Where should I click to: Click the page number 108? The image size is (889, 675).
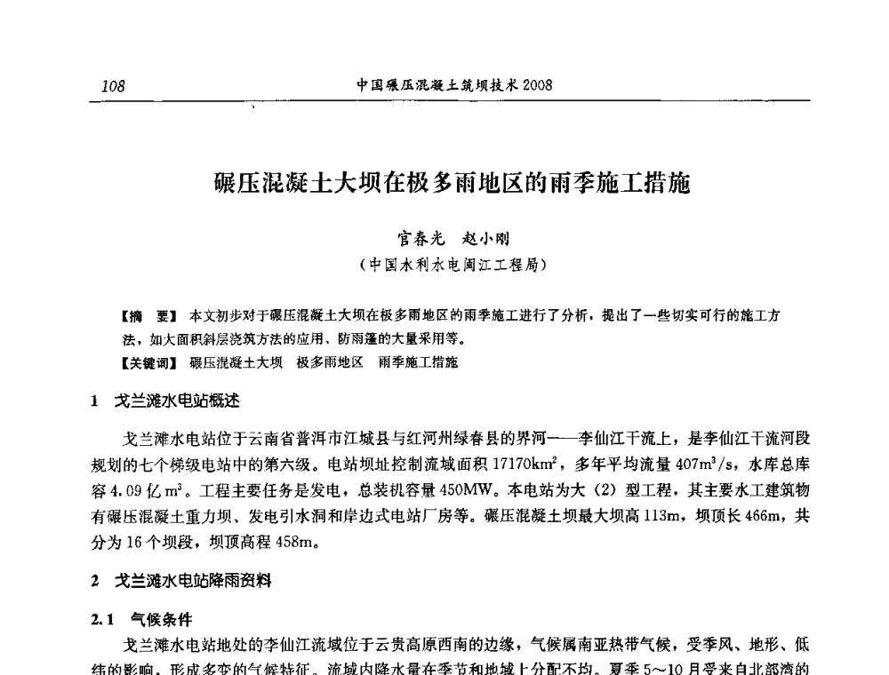114,86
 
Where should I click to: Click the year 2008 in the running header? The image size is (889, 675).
538,85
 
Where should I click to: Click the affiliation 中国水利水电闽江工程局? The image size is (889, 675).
453,265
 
